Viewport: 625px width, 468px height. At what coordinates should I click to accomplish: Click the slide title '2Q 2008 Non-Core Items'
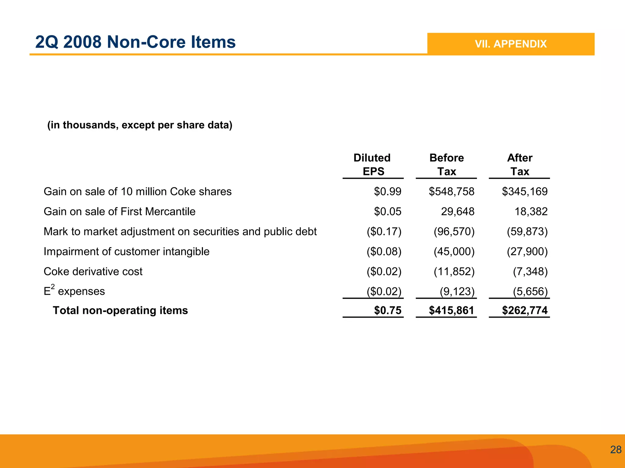coord(135,42)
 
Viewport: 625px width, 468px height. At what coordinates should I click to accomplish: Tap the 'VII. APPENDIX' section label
coord(511,44)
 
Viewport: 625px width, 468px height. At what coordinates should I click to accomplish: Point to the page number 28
coord(616,449)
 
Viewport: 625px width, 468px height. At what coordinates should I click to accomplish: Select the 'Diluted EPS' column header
coord(372,165)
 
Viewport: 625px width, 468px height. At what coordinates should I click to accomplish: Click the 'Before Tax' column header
coord(446,165)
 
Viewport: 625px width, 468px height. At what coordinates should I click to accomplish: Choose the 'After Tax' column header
coord(520,165)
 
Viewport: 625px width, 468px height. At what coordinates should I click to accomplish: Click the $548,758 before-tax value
coord(451,192)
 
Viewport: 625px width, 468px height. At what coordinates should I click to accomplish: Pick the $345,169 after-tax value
coord(525,192)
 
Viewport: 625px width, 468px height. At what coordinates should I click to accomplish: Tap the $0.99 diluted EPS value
coord(388,192)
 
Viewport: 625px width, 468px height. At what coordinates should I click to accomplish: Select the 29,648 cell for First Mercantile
coord(457,211)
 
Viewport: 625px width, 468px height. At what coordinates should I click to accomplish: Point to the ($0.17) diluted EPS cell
coord(384,232)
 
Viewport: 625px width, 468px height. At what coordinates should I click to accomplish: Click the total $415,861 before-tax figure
coord(451,311)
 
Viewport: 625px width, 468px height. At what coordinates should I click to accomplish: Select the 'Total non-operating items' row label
coord(120,311)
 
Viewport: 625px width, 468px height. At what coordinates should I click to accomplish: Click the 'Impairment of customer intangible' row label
coord(126,252)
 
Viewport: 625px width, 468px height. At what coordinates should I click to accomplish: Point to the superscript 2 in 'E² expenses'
coord(53,287)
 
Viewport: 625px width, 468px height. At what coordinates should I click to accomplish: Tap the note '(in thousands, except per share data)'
coord(140,125)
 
